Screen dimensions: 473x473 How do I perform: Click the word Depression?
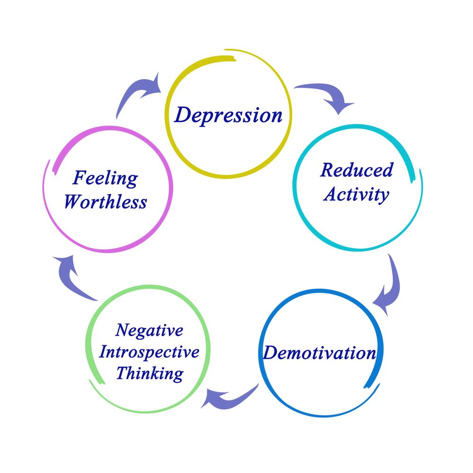[228, 115]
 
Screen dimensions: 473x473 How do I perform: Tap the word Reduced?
[357, 170]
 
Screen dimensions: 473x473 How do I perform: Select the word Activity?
[357, 194]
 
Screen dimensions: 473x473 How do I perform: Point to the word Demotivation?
[320, 353]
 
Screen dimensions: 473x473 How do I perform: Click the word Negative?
[149, 331]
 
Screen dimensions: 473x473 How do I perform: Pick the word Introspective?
[149, 353]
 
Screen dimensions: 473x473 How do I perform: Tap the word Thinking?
[149, 374]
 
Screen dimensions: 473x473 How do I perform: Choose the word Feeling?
[105, 179]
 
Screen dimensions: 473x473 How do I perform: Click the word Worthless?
[105, 202]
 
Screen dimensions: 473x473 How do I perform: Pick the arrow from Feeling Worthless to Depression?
[140, 95]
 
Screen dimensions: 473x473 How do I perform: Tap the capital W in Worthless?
[74, 202]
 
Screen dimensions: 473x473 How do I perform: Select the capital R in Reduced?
[327, 170]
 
